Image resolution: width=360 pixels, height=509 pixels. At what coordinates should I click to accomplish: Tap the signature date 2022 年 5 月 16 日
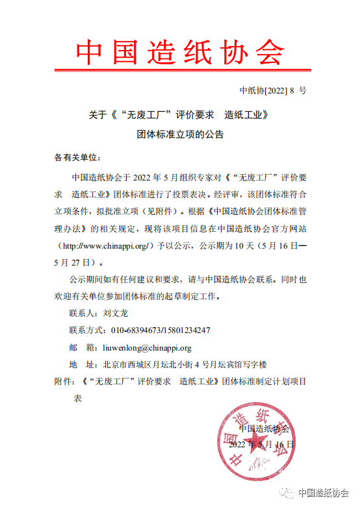(x=262, y=445)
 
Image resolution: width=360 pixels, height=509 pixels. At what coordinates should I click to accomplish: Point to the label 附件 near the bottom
(x=62, y=381)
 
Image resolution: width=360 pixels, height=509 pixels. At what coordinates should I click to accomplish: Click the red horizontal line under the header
(x=180, y=69)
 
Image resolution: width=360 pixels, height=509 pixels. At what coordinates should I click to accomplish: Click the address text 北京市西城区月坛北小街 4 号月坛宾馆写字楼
(x=186, y=364)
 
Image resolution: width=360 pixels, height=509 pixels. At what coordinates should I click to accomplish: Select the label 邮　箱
(x=83, y=347)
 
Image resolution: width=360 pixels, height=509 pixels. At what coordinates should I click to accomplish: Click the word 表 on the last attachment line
(x=77, y=399)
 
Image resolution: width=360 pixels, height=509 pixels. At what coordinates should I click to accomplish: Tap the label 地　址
(x=83, y=364)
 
